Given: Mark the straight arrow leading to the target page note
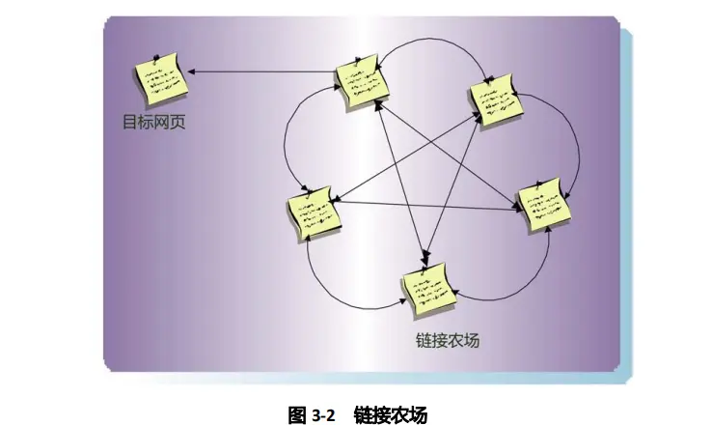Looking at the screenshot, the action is (x=260, y=71).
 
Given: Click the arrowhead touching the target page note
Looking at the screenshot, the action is (x=191, y=71).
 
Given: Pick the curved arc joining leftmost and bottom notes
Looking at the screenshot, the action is (x=328, y=285).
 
